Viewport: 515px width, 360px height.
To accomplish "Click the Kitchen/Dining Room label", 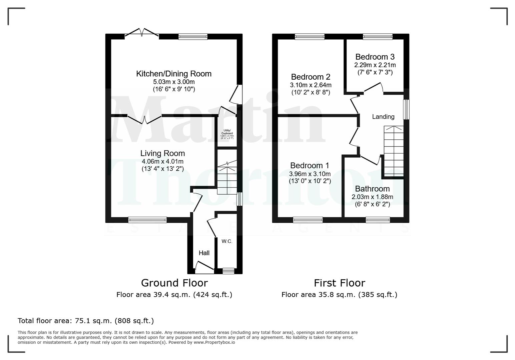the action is (173, 74).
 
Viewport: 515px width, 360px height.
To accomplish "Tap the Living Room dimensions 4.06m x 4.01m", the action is (162, 161).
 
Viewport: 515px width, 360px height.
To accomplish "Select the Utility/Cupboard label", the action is (227, 132).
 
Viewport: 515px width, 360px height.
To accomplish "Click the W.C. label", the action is (227, 241).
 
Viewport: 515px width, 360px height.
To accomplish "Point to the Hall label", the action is (204, 253).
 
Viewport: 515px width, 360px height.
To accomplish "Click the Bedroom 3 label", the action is (375, 57).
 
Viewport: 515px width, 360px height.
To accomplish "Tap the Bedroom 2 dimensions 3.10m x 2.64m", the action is (311, 85).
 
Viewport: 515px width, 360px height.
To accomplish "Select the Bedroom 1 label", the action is (310, 165).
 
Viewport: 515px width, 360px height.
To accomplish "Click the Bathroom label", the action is (372, 189).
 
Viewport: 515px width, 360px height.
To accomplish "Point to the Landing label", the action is (383, 117).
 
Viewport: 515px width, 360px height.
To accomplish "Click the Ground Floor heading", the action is (174, 283).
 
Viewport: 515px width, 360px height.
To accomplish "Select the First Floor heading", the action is (339, 283).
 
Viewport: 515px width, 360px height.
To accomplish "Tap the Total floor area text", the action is (86, 321).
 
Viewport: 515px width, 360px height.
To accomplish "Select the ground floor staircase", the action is (227, 177).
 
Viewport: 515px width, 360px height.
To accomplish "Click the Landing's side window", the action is (406, 109).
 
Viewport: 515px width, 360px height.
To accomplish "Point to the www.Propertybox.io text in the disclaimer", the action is (214, 342).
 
